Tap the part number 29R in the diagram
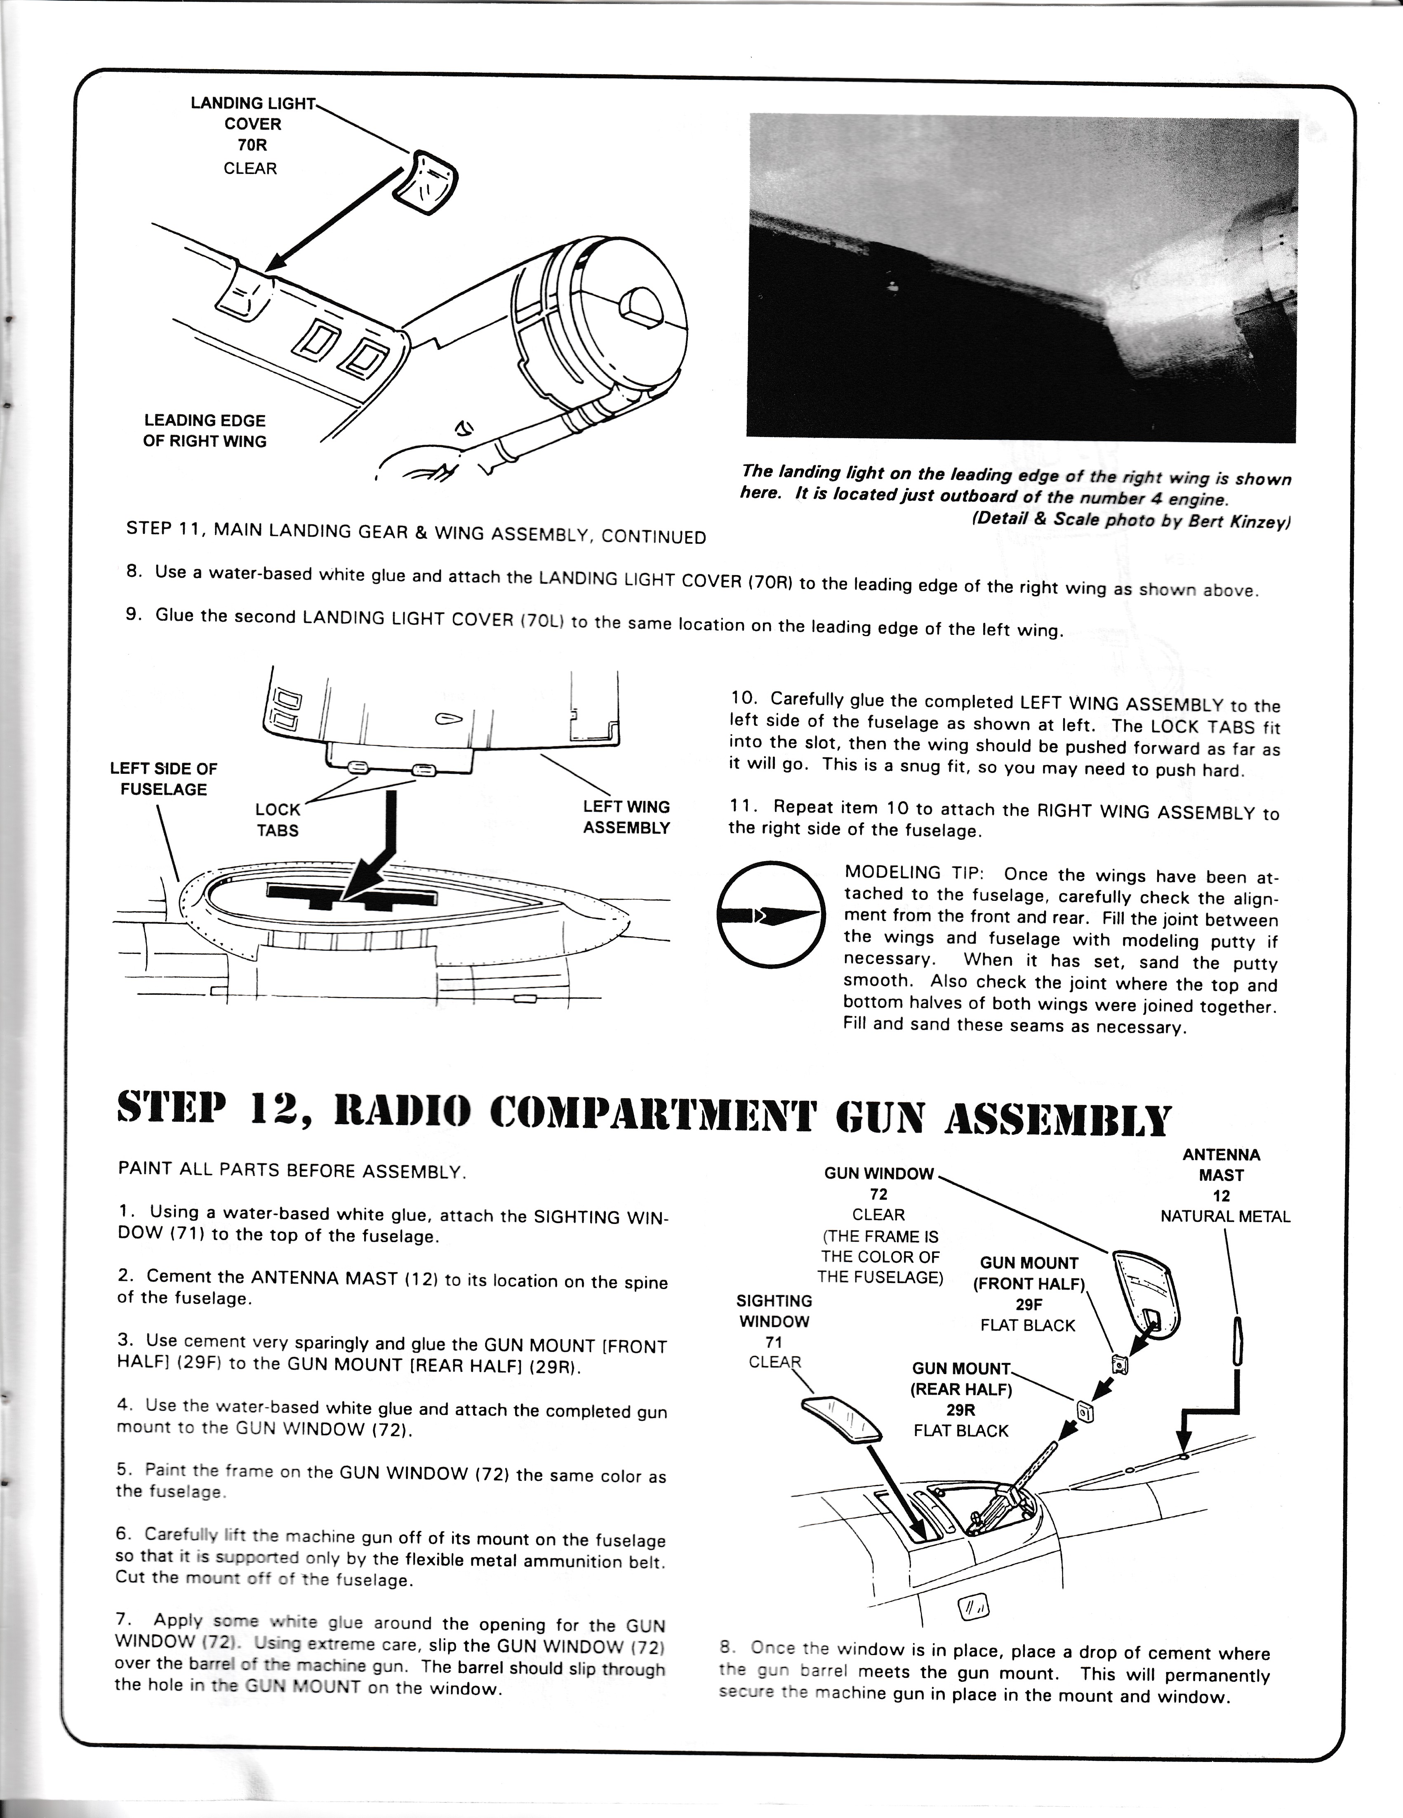(x=961, y=1409)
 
